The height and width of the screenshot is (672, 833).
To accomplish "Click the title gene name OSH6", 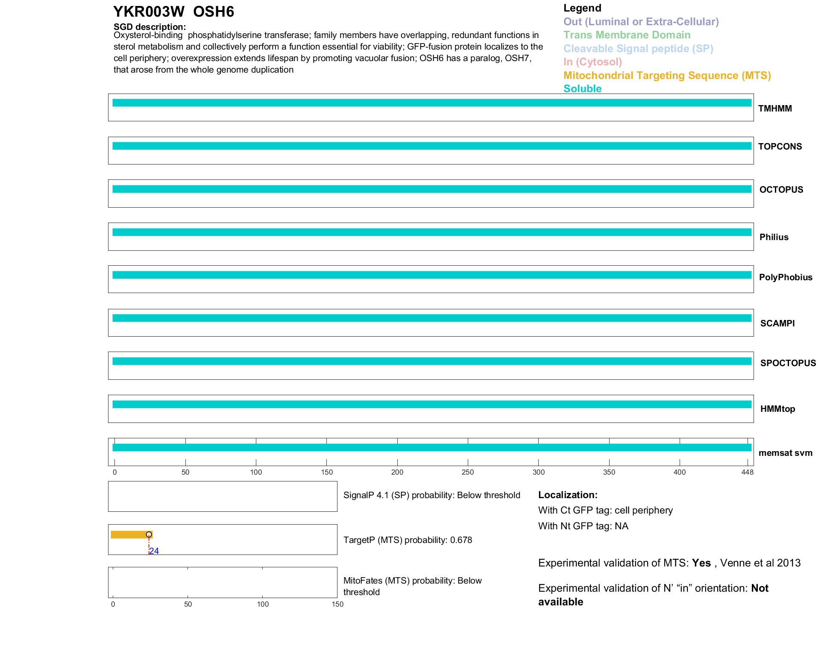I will pos(213,12).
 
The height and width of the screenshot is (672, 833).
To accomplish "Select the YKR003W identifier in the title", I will pos(149,12).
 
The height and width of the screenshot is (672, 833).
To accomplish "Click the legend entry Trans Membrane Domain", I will pos(627,35).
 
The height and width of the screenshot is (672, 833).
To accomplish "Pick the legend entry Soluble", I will pos(582,89).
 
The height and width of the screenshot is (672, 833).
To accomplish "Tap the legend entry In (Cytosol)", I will pos(592,62).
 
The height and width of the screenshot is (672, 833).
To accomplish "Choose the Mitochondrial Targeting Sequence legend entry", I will pos(667,76).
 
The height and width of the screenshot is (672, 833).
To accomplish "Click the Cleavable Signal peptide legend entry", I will pos(638,49).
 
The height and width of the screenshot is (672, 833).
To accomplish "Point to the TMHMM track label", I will pos(775,109).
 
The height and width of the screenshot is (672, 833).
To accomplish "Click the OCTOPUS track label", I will pos(781,190).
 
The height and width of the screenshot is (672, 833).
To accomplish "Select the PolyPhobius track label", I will pos(786,277).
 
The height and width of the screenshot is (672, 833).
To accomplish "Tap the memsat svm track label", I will pos(785,453).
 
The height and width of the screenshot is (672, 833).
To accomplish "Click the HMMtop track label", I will pos(777,409).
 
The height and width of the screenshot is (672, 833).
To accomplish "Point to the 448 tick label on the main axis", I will pos(748,472).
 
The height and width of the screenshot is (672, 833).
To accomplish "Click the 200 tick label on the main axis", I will pos(397,472).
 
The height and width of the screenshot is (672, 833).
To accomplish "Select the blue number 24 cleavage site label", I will pos(154,551).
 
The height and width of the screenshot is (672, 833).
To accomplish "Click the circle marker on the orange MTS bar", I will pos(149,534).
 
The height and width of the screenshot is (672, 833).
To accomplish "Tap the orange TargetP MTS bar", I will pos(128,534).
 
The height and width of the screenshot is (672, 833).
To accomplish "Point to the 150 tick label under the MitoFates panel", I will pos(337,604).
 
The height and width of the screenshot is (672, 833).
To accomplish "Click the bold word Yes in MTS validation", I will pos(701,563).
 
